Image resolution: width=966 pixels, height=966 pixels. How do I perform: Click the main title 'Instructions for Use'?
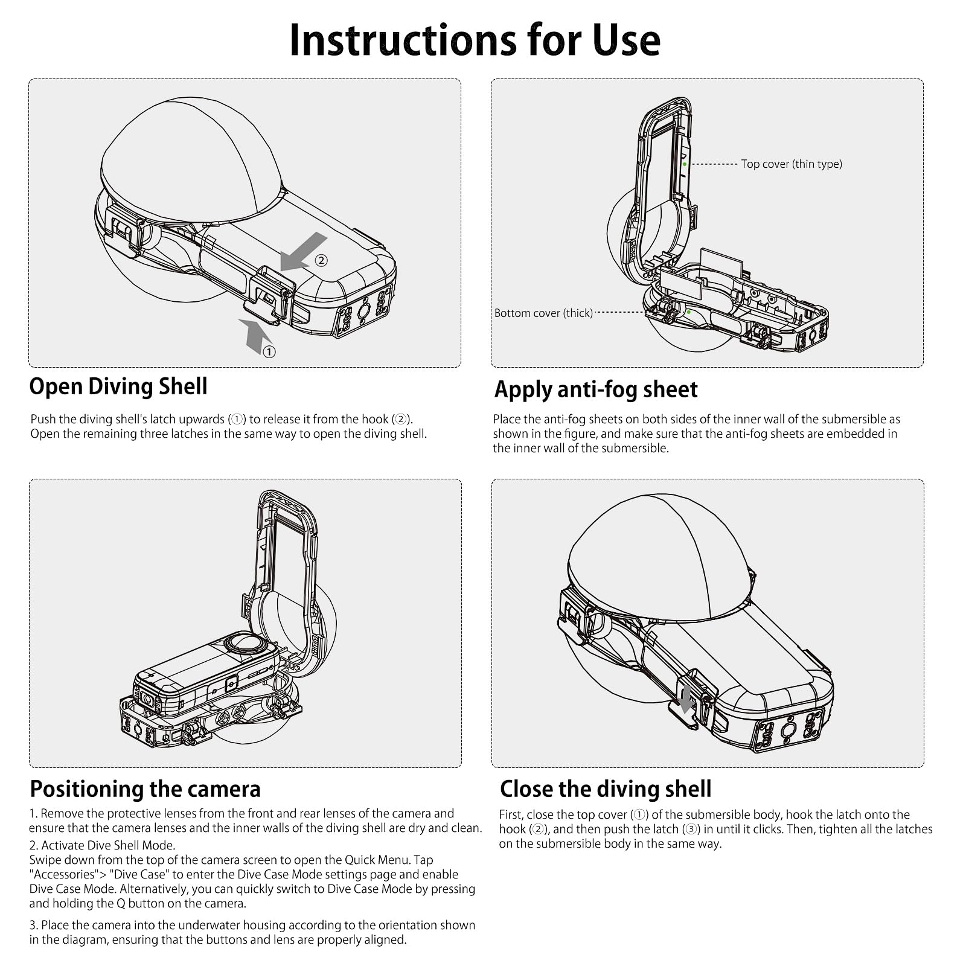(x=475, y=40)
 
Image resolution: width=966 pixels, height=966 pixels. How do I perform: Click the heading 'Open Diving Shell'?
(x=118, y=386)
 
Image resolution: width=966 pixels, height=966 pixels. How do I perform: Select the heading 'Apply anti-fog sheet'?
(x=596, y=389)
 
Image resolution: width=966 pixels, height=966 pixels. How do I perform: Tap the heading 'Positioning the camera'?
(x=146, y=789)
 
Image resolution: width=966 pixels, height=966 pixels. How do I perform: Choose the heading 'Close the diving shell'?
(x=606, y=789)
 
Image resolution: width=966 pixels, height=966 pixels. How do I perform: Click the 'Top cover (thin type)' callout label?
(x=792, y=164)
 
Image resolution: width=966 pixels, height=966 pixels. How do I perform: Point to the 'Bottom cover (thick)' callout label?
(x=543, y=313)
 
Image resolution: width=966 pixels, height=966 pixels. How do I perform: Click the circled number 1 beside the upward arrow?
(x=269, y=351)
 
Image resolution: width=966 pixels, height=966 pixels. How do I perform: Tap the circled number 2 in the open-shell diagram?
(x=321, y=260)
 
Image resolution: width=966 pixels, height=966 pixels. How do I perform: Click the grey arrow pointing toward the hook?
(x=304, y=252)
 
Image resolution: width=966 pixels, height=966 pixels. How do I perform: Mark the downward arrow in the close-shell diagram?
(x=685, y=700)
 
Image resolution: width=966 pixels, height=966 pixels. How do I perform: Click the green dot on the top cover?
(x=685, y=164)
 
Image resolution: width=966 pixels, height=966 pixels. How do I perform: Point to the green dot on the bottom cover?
(x=689, y=312)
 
